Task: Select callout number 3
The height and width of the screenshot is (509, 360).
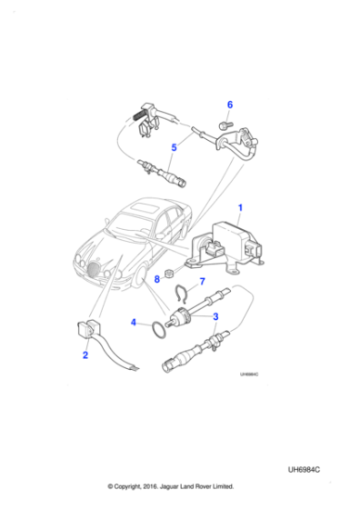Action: (215, 316)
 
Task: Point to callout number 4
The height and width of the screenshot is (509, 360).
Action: (134, 321)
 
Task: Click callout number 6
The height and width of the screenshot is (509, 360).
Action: (229, 105)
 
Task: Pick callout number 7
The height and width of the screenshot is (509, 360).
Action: (202, 282)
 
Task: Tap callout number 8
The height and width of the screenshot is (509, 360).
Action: (156, 279)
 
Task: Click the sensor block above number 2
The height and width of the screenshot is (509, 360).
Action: (88, 326)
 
